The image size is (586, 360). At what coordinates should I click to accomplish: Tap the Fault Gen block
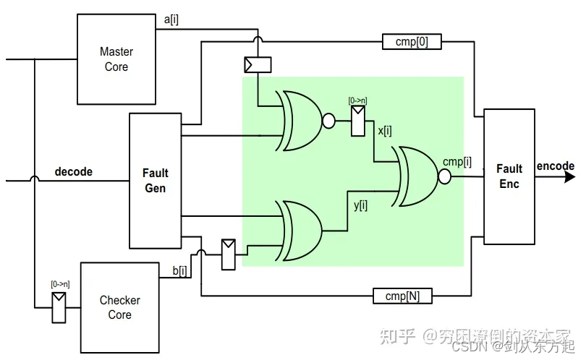click(x=155, y=180)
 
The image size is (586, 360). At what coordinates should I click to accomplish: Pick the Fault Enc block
click(x=509, y=176)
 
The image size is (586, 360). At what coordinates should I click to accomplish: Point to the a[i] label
click(x=171, y=20)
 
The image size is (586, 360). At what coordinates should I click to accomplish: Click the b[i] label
click(x=179, y=271)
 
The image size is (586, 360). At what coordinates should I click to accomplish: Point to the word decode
click(x=74, y=172)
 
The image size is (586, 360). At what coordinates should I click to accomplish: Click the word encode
click(x=555, y=166)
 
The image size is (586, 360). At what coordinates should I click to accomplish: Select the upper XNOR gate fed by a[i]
click(x=299, y=121)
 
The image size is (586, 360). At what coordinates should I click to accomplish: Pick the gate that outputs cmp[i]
click(x=415, y=176)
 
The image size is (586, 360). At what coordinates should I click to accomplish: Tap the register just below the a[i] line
click(x=258, y=65)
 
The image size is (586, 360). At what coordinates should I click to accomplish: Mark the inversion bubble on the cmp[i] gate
click(x=445, y=177)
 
